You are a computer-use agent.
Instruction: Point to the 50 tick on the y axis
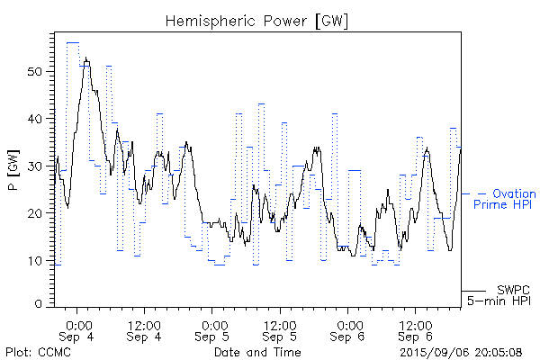click(37, 71)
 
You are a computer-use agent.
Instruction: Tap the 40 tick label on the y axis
click(37, 119)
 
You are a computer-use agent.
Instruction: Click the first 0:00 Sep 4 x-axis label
click(78, 329)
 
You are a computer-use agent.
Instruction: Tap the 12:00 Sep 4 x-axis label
click(145, 329)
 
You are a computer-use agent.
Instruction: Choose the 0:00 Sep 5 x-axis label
click(213, 329)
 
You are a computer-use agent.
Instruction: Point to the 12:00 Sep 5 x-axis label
click(280, 329)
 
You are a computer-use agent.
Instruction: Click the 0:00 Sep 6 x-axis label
click(347, 329)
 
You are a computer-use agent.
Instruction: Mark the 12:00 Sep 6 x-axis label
click(414, 329)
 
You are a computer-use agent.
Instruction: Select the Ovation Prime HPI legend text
click(504, 199)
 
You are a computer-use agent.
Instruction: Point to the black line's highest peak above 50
click(85, 58)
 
